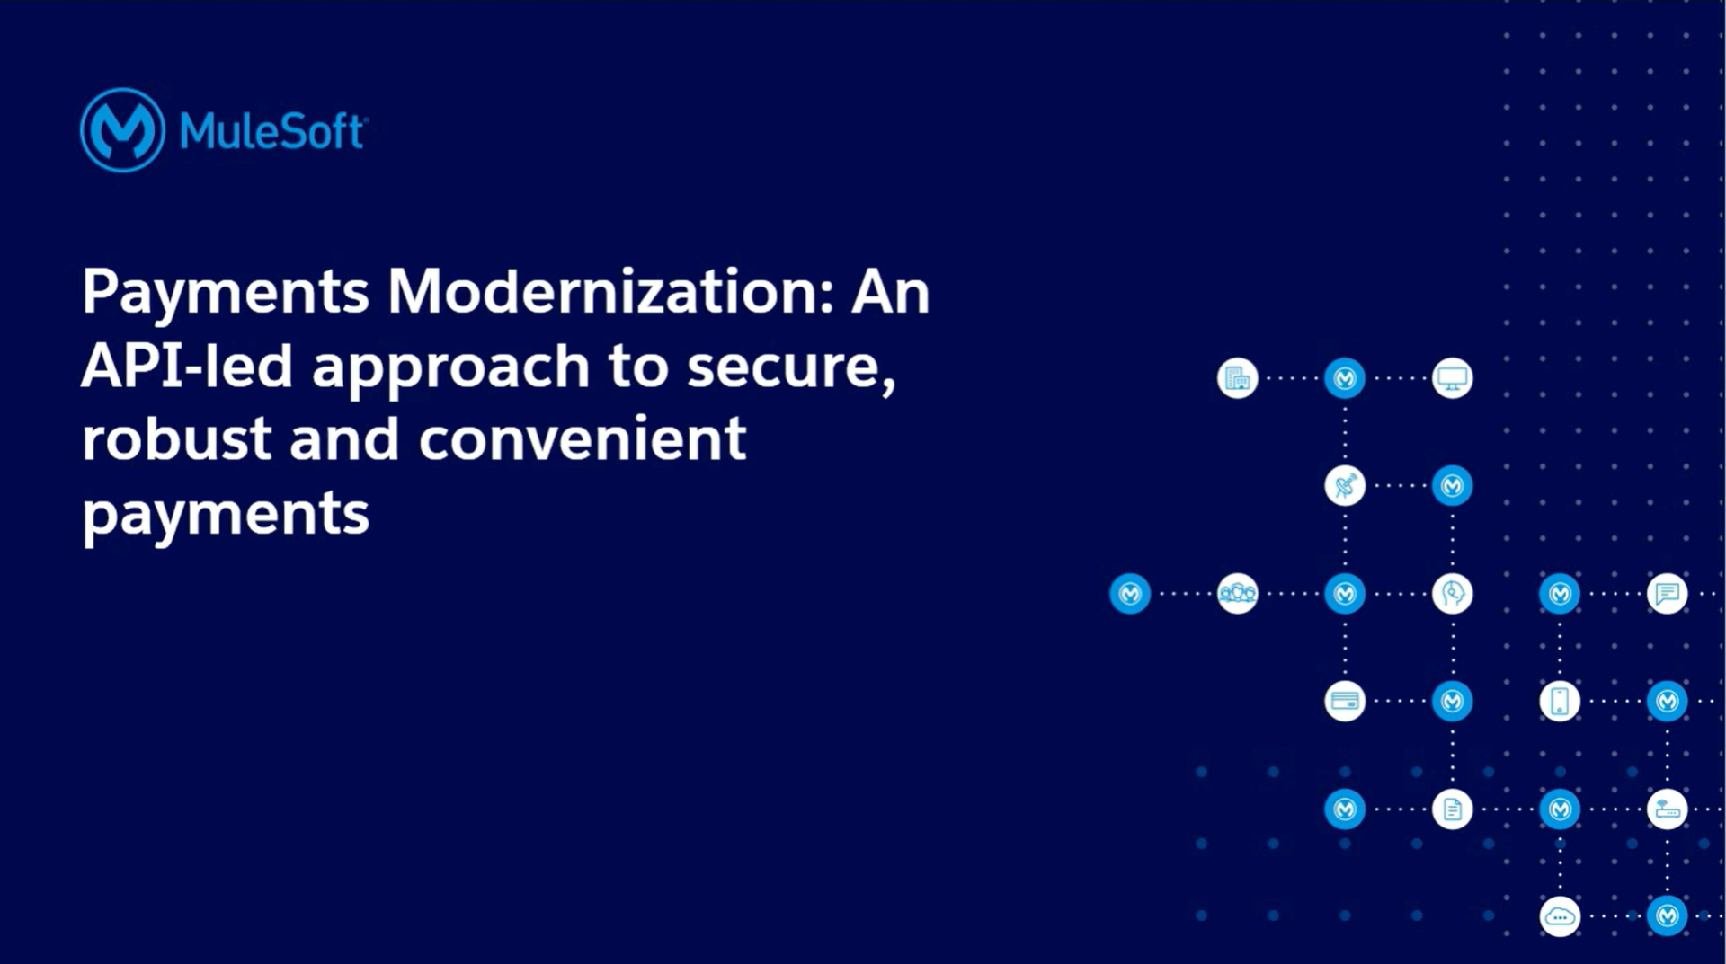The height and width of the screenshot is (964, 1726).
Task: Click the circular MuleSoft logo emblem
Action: pos(122,130)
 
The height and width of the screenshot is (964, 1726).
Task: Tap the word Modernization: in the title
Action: pos(611,292)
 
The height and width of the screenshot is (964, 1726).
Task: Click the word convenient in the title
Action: pos(583,439)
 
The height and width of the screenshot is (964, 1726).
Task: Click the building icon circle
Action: pos(1237,378)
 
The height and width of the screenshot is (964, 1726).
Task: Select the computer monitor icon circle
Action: pos(1452,378)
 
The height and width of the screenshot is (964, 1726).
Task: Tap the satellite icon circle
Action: pos(1345,486)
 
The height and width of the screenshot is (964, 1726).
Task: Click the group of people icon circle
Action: pos(1237,594)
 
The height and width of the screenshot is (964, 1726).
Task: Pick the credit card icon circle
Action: pos(1345,702)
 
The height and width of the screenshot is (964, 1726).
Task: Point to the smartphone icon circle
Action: pos(1560,702)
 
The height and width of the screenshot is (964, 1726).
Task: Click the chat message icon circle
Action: pos(1667,594)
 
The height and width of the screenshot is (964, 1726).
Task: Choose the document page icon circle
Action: pos(1452,809)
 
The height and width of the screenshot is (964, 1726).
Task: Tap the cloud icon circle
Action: pos(1560,916)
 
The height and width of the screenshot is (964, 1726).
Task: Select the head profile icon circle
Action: pos(1452,594)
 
